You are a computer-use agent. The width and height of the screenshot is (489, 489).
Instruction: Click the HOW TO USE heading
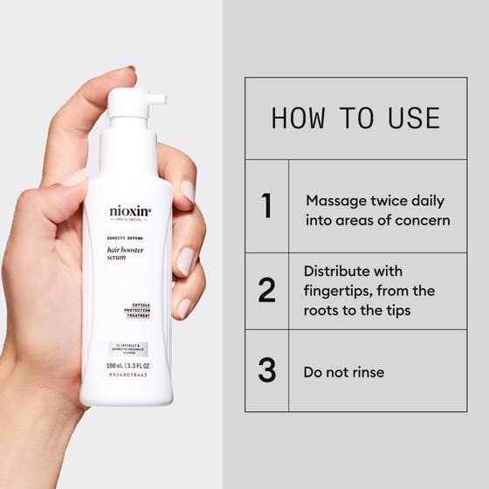pyautogui.click(x=355, y=118)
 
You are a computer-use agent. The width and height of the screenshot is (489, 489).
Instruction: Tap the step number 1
pyautogui.click(x=267, y=206)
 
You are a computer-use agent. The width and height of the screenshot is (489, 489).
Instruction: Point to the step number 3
pyautogui.click(x=267, y=371)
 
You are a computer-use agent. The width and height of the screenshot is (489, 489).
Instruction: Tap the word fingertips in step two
pyautogui.click(x=339, y=291)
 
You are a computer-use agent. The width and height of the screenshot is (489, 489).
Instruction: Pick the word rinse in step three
pyautogui.click(x=367, y=372)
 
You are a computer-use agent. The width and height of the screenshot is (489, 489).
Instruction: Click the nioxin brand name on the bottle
pyautogui.click(x=130, y=211)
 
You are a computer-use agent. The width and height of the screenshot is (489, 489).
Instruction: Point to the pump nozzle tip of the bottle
pyautogui.click(x=161, y=100)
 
